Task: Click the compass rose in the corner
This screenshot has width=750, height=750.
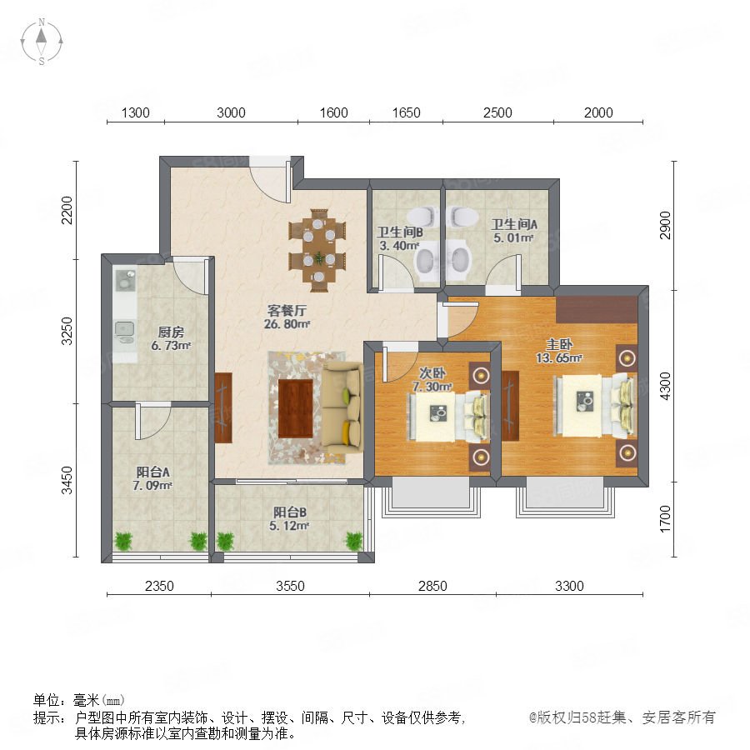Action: coord(42,41)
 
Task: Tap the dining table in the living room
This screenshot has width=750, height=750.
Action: coord(317,250)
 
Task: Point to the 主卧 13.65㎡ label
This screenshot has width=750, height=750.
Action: coord(559,351)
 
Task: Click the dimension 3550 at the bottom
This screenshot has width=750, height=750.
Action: coord(290,586)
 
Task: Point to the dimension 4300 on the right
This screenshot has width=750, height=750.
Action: coord(665,387)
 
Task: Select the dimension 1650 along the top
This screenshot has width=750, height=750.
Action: coord(406,112)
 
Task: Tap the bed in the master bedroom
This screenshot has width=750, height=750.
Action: coord(594,406)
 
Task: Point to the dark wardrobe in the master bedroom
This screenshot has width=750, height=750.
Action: coord(597,309)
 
